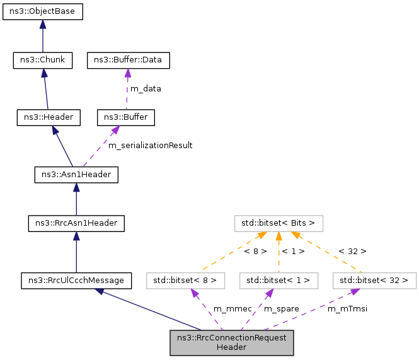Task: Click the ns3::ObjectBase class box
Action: (x=43, y=11)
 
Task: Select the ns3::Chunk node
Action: (x=43, y=61)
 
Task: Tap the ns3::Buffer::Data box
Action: (x=128, y=61)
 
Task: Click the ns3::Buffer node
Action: (x=125, y=117)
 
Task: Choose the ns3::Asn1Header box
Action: (x=76, y=173)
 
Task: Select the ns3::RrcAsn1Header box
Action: (x=76, y=223)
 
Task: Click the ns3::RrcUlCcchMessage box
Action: (x=76, y=279)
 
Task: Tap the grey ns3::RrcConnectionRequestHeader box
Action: (x=231, y=342)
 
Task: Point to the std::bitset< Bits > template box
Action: (x=278, y=223)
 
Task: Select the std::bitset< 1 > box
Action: (x=278, y=279)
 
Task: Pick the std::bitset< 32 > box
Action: (x=374, y=279)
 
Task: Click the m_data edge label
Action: (x=146, y=89)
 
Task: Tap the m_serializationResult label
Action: (x=150, y=145)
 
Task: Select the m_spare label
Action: (x=281, y=308)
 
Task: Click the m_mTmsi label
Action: (x=347, y=308)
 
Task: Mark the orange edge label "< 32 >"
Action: (x=352, y=251)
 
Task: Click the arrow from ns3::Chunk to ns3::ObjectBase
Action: (x=43, y=36)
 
